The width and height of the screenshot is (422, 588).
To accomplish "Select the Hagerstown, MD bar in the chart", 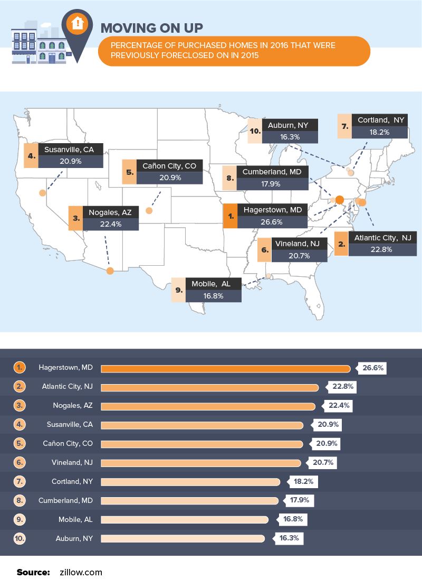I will point(225,368).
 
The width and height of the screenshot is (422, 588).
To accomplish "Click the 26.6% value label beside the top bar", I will point(372,368).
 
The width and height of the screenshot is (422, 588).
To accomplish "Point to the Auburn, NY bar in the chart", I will point(183,538).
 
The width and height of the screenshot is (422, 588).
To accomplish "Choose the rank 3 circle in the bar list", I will point(20,406).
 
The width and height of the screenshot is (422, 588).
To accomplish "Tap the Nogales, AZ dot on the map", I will point(110,271).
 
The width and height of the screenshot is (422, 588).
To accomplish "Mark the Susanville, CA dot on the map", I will point(42,193).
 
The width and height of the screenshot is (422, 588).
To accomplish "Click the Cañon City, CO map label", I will point(169,166).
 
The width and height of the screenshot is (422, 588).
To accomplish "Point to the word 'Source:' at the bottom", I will point(33,572).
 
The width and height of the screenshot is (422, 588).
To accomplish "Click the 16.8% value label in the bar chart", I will point(293,519).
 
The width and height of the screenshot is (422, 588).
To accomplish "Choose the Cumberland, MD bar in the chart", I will point(189,500).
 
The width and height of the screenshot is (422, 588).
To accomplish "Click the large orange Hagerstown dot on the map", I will point(340,199).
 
